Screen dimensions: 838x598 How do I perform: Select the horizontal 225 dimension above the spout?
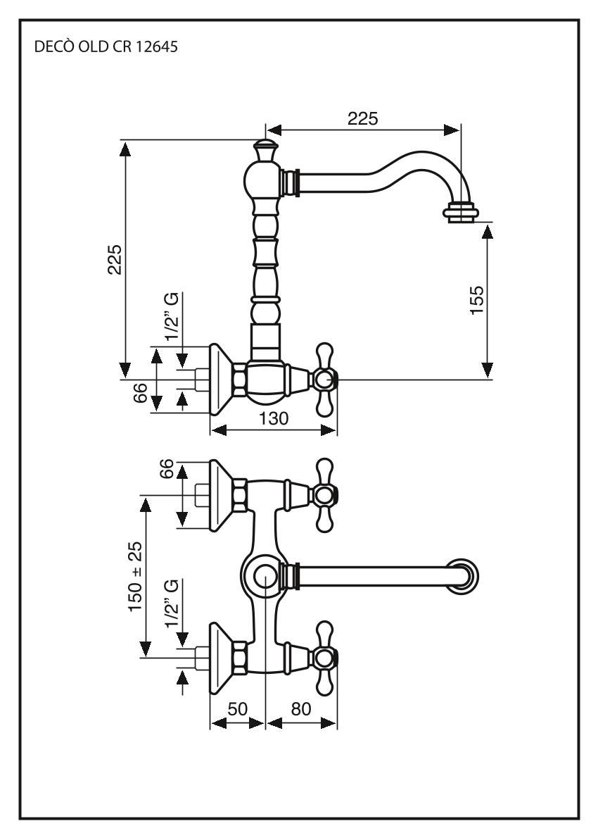[x=362, y=118]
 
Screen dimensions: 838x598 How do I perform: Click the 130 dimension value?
[x=274, y=418]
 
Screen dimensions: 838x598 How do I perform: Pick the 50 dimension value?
[x=237, y=709]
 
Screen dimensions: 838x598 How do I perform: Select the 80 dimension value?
[x=302, y=709]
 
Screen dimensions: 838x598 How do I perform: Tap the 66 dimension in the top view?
[x=166, y=470]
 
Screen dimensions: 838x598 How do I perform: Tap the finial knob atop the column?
[x=265, y=150]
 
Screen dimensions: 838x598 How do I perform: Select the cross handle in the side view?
[x=324, y=380]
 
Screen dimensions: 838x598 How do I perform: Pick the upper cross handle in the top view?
[x=324, y=495]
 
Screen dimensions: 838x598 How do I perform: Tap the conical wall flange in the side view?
[x=224, y=380]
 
